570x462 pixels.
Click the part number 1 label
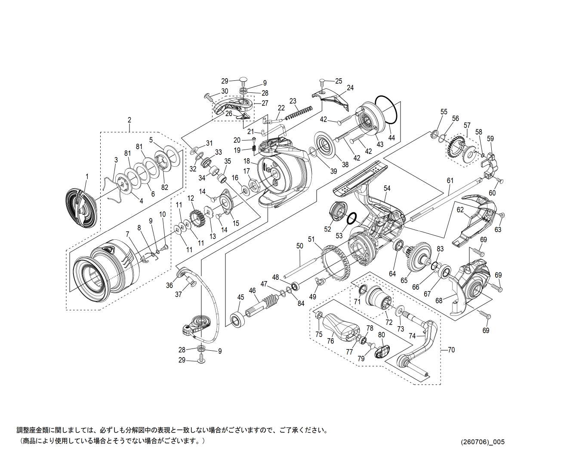coord(87,176)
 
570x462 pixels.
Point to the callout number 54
coord(387,188)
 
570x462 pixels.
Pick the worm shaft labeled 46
coord(263,306)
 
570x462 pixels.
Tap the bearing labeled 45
coord(237,319)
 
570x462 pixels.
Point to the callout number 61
coord(450,181)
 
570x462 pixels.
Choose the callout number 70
coord(451,349)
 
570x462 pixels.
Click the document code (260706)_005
coord(483,442)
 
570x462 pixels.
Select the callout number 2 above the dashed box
coord(129,120)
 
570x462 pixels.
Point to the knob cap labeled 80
coord(382,352)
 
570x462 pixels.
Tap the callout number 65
coord(404,280)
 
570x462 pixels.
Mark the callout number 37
coord(179,294)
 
